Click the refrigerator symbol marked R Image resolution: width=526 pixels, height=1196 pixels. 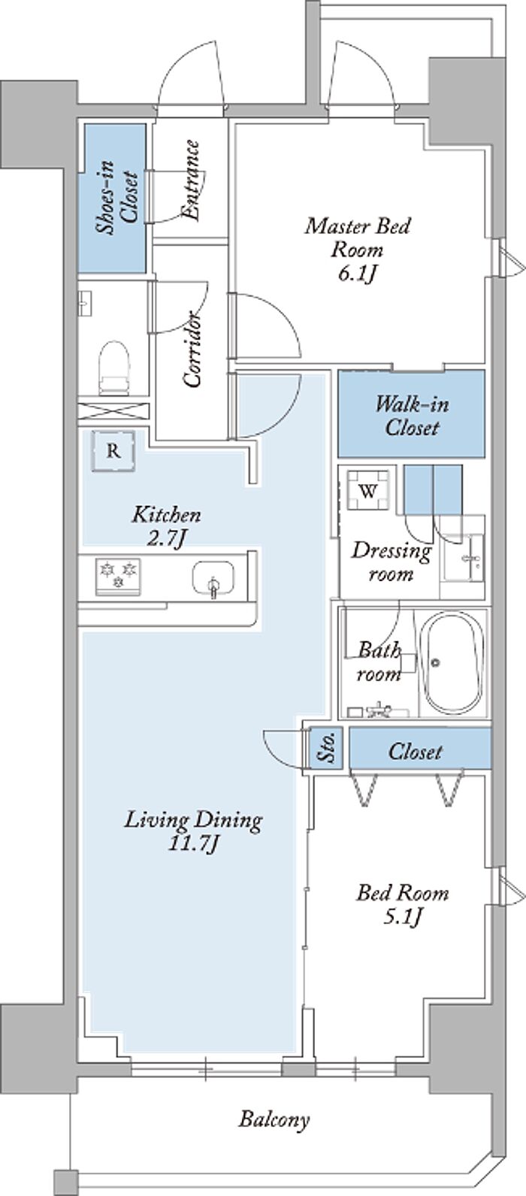[113, 451]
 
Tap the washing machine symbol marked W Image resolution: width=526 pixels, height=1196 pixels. [368, 491]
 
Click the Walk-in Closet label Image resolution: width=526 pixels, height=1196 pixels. [412, 416]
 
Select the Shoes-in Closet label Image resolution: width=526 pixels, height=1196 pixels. [115, 198]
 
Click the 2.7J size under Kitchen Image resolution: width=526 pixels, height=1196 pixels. [167, 539]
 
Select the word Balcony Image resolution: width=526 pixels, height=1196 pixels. [274, 1120]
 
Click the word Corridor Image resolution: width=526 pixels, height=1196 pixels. [194, 349]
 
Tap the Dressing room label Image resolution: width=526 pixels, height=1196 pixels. [391, 562]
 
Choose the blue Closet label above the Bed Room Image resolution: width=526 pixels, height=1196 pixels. [416, 751]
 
